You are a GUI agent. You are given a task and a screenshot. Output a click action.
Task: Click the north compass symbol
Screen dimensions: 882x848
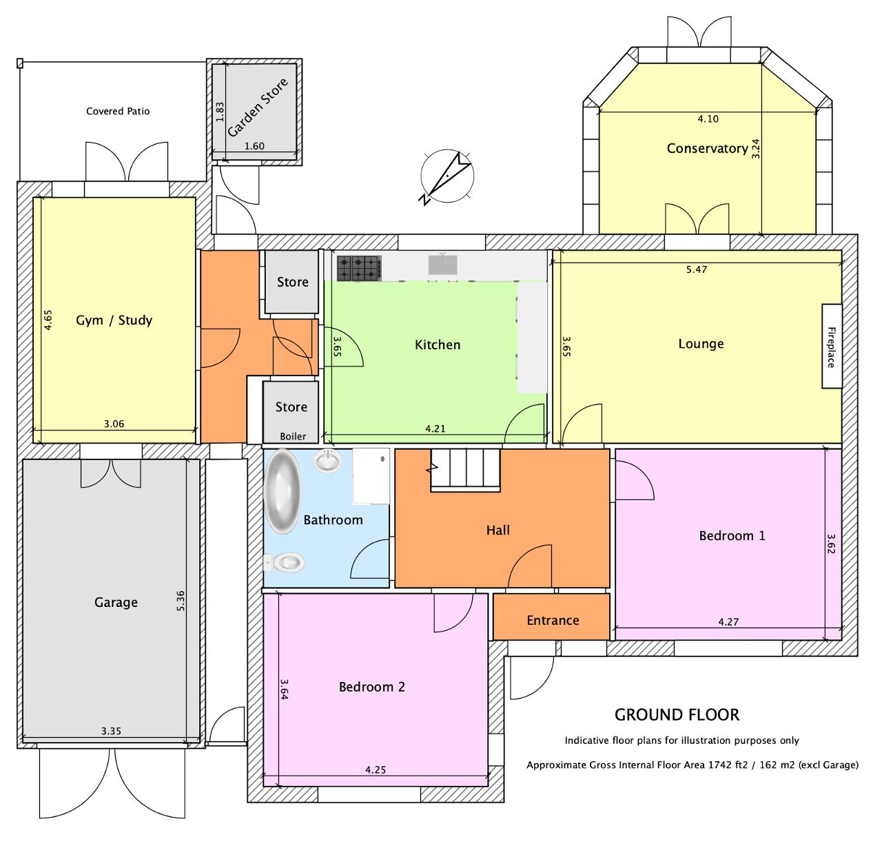[447, 176]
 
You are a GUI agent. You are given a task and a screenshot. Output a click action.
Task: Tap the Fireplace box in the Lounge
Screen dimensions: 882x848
[832, 347]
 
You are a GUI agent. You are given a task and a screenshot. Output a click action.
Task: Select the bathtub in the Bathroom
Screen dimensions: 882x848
[283, 491]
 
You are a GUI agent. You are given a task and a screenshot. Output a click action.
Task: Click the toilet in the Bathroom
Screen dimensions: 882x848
[285, 563]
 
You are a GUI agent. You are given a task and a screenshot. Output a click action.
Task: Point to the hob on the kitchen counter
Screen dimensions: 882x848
[359, 268]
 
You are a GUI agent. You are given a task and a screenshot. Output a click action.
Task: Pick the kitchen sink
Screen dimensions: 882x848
[443, 265]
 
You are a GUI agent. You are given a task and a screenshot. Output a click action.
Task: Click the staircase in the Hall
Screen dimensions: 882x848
[465, 470]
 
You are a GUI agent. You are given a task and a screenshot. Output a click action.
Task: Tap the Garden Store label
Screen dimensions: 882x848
[258, 107]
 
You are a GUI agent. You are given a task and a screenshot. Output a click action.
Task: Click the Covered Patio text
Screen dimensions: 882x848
[118, 111]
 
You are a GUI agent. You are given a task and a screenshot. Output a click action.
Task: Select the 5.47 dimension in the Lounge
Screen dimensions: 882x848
[697, 269]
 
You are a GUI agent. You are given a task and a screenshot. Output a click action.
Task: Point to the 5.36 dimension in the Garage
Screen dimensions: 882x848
[181, 601]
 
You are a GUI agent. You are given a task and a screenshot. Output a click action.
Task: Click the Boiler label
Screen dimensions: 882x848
[293, 437]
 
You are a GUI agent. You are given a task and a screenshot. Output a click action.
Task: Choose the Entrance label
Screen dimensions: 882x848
[553, 620]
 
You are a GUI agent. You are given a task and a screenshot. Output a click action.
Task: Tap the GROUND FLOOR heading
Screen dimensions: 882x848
[677, 715]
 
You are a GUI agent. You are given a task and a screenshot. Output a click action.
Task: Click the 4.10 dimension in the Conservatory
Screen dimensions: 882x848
[708, 118]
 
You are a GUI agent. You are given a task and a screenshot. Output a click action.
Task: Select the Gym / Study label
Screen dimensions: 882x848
[114, 320]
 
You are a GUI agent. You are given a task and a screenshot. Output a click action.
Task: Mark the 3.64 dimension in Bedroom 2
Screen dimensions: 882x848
[284, 689]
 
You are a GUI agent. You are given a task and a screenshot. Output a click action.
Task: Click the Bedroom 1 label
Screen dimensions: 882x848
[732, 536]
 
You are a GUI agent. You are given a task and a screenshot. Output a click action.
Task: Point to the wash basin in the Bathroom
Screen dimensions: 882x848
[327, 462]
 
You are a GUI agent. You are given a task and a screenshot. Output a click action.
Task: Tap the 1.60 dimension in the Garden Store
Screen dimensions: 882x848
[254, 146]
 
